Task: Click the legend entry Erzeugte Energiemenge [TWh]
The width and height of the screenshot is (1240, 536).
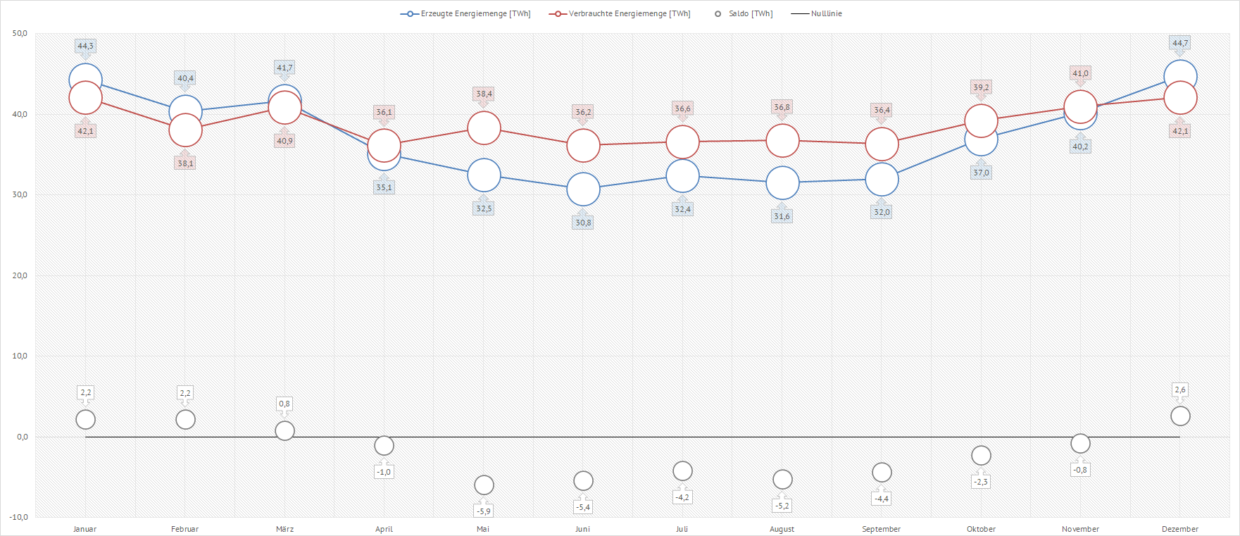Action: pyautogui.click(x=465, y=14)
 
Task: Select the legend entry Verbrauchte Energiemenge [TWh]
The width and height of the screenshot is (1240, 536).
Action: pyautogui.click(x=620, y=14)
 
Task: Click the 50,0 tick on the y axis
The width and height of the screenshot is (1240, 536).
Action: pyautogui.click(x=20, y=34)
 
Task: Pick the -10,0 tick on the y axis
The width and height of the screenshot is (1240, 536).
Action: pyautogui.click(x=19, y=517)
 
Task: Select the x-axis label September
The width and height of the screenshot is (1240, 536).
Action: pyautogui.click(x=881, y=529)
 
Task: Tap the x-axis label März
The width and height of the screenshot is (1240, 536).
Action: pyautogui.click(x=284, y=529)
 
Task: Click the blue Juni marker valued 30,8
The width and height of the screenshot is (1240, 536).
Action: pyautogui.click(x=583, y=189)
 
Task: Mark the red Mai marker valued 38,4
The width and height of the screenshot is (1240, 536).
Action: pyautogui.click(x=484, y=128)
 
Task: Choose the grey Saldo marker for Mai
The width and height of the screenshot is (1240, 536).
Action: pyautogui.click(x=484, y=485)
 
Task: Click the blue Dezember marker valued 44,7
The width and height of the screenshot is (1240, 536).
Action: pyautogui.click(x=1180, y=77)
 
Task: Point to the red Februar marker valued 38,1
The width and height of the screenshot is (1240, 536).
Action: pyautogui.click(x=185, y=130)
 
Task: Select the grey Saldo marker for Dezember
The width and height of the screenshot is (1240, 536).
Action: pyautogui.click(x=1180, y=416)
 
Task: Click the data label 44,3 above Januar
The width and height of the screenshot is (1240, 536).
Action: pyautogui.click(x=85, y=46)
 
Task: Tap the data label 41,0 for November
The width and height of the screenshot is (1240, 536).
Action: pyautogui.click(x=1080, y=73)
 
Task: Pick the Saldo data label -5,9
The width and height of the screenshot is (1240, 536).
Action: pyautogui.click(x=484, y=511)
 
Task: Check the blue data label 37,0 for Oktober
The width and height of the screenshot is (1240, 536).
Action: pyautogui.click(x=981, y=173)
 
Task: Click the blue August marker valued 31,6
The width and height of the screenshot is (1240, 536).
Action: pyautogui.click(x=782, y=183)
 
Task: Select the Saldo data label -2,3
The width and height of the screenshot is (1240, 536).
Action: pyautogui.click(x=981, y=482)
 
